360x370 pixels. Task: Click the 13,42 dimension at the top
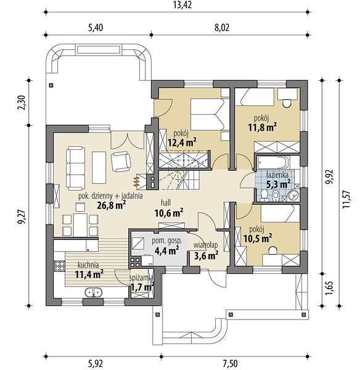pos(182,5)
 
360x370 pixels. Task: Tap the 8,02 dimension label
pos(222,28)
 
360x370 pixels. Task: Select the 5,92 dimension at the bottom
pos(96,364)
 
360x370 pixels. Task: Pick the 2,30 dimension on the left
pos(22,102)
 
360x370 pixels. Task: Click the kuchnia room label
pos(88,265)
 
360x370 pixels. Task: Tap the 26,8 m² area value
pos(111,205)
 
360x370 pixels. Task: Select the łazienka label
pos(277,175)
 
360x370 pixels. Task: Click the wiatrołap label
pos(206,245)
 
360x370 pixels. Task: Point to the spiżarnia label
pos(141,278)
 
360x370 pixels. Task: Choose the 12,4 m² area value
pos(182,142)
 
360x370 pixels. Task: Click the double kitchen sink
pos(94,292)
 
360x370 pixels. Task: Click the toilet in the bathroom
pos(264,196)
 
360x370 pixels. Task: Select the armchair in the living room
pos(121,162)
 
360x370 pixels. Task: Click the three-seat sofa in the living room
pos(75,168)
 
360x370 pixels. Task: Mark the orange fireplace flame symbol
pos(136,182)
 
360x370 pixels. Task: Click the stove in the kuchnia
pos(59,266)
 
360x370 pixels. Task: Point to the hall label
pos(166,202)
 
